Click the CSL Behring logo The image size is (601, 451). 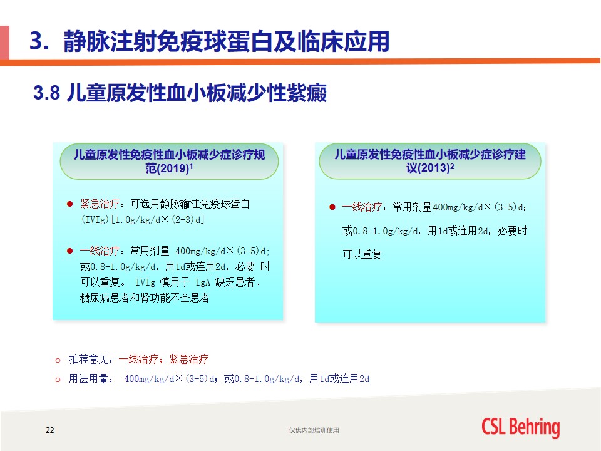click(x=520, y=428)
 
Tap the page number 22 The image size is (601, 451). click(x=50, y=430)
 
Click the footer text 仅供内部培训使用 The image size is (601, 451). click(x=314, y=430)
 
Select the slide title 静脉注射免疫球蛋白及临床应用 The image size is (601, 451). click(x=226, y=41)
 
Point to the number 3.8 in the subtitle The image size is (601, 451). click(x=46, y=93)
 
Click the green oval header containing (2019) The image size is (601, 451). click(x=169, y=161)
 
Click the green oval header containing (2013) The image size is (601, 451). click(x=429, y=161)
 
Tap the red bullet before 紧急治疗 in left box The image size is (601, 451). click(x=69, y=204)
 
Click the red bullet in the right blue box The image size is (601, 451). click(x=332, y=207)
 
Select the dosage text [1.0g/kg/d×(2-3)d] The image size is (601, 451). click(x=158, y=219)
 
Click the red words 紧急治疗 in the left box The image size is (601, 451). click(x=100, y=203)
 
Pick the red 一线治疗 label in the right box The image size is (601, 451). click(x=362, y=207)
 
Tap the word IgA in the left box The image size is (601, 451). click(x=203, y=283)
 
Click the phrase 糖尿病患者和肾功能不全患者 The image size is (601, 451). click(x=145, y=298)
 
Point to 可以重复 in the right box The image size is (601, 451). click(x=362, y=254)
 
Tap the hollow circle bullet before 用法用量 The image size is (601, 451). click(x=58, y=380)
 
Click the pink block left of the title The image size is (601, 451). click(x=4, y=43)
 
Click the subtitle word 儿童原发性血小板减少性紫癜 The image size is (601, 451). click(x=197, y=93)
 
